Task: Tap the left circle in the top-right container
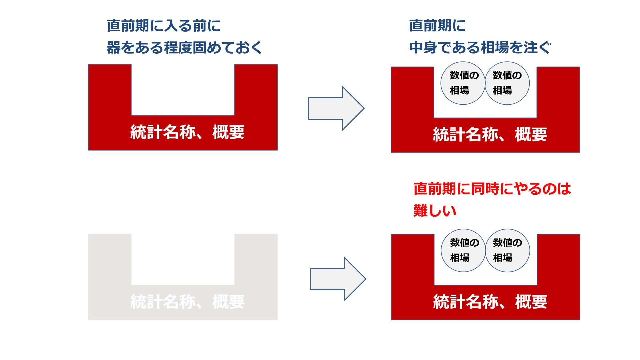pos(463,83)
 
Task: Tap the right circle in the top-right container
pos(507,83)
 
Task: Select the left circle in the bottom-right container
pos(463,250)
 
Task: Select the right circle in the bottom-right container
pos(507,250)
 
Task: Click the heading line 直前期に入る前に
pos(164,26)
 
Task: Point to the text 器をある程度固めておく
pos(184,48)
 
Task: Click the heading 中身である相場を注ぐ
pos(480,48)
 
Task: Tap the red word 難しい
pos(435,211)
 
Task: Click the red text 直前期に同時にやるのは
pos(492,189)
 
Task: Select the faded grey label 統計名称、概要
pos(187,302)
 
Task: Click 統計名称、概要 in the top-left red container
pos(187,132)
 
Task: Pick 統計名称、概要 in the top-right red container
pos(490,135)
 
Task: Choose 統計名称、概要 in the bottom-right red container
pos(490,302)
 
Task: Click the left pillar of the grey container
pos(110,260)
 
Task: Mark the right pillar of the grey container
pos(256,260)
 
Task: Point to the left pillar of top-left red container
pos(110,90)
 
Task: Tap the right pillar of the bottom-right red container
pos(558,260)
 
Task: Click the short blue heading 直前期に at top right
pos(437,26)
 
